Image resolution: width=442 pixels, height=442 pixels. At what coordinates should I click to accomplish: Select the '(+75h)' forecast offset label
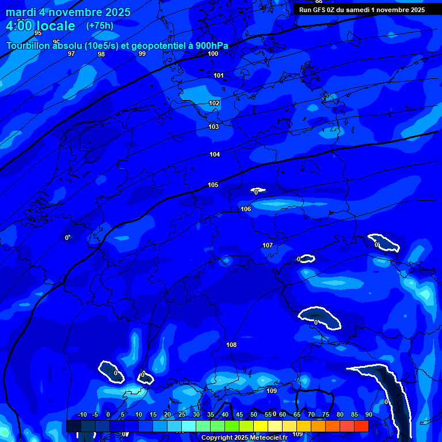pyautogui.click(x=100, y=26)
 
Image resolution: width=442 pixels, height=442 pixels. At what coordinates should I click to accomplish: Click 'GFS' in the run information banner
pyautogui.click(x=320, y=9)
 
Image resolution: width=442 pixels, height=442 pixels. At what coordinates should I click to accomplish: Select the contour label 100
pyautogui.click(x=213, y=54)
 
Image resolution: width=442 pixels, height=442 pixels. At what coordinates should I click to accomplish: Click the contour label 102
pyautogui.click(x=214, y=104)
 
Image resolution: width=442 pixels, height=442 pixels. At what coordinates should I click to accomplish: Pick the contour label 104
pyautogui.click(x=215, y=154)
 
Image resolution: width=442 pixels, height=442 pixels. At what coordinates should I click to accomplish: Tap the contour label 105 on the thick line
pyautogui.click(x=213, y=185)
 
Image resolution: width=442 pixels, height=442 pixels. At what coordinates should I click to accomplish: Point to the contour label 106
pyautogui.click(x=246, y=209)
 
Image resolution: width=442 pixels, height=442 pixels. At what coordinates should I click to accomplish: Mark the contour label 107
pyautogui.click(x=268, y=245)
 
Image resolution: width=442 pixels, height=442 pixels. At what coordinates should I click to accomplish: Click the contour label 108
pyautogui.click(x=231, y=345)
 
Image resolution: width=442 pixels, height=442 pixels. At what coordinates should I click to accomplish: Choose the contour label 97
pyautogui.click(x=71, y=54)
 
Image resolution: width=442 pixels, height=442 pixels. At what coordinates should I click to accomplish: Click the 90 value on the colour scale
pyautogui.click(x=368, y=415)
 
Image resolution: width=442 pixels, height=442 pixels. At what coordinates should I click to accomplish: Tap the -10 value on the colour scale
pyautogui.click(x=82, y=415)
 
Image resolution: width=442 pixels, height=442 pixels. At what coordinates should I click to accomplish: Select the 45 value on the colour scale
pyautogui.click(x=239, y=415)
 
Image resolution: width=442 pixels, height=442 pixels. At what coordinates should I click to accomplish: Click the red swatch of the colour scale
pyautogui.click(x=361, y=426)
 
